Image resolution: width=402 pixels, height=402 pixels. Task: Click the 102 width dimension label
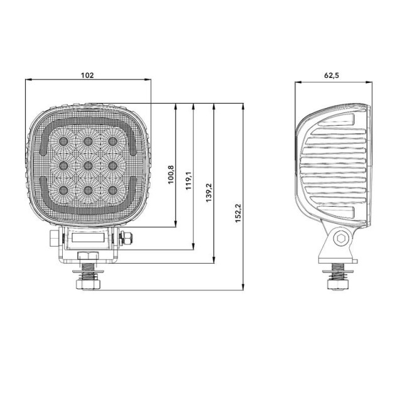coord(87,75)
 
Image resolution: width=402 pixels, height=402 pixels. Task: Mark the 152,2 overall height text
coord(239,213)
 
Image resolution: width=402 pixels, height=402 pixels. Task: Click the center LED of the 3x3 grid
coord(88,166)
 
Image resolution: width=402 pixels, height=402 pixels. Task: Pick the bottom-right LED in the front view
coord(113,190)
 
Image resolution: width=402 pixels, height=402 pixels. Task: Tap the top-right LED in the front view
coord(113,141)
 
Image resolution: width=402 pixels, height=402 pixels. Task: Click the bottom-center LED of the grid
coord(88,190)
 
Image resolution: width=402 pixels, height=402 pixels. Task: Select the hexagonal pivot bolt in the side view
coord(340,239)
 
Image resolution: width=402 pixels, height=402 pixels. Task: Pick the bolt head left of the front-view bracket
coord(55,239)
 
